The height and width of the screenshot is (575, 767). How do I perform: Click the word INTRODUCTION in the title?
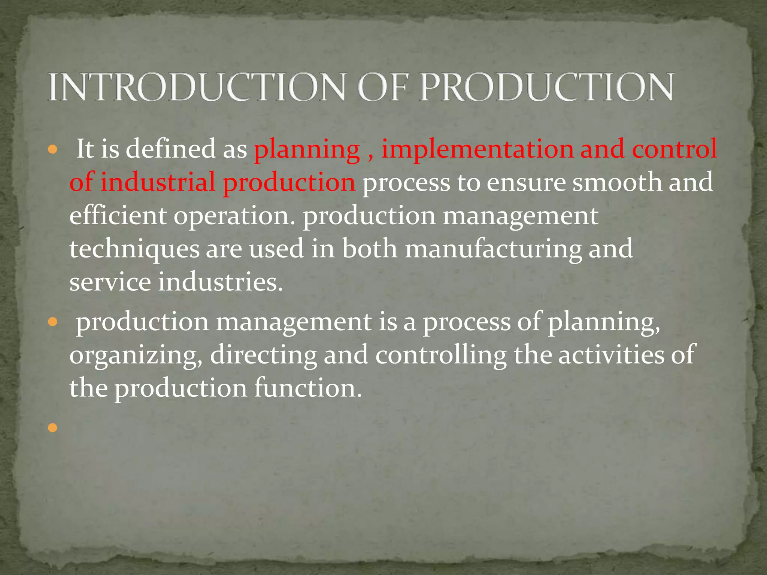pyautogui.click(x=196, y=87)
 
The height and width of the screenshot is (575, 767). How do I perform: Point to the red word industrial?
pyautogui.click(x=158, y=182)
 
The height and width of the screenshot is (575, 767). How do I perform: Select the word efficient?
pyautogui.click(x=118, y=216)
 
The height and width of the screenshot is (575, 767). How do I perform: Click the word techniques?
pyautogui.click(x=134, y=249)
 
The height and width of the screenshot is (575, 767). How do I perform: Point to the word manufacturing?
pyautogui.click(x=493, y=249)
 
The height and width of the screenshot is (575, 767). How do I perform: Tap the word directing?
pyautogui.click(x=263, y=355)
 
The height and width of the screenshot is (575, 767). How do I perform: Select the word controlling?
pyautogui.click(x=441, y=355)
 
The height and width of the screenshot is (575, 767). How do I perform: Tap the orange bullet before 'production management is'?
pyautogui.click(x=53, y=322)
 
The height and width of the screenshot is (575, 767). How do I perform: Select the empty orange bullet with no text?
pyautogui.click(x=53, y=428)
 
